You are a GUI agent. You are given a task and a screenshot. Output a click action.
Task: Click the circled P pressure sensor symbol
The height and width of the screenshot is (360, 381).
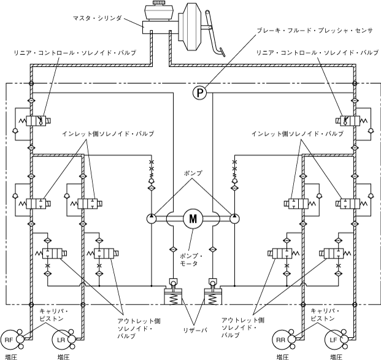coord(199,93)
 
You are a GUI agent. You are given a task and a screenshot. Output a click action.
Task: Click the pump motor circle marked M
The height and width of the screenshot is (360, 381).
coord(193,218)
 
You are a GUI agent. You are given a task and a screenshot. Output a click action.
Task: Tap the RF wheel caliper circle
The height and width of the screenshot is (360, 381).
coord(10,339)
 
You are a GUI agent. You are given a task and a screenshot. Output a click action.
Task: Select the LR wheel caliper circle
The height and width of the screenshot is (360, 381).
coord(61,339)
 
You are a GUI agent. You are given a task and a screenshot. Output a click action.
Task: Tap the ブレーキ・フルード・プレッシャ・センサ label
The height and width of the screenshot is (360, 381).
coord(310,30)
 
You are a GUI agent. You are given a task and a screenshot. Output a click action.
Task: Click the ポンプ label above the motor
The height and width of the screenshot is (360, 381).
coord(192,174)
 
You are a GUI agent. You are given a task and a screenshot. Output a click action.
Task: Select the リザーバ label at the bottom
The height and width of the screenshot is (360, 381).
coord(195,330)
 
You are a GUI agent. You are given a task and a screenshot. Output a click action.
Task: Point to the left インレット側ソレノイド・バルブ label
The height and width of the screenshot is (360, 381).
coord(107,133)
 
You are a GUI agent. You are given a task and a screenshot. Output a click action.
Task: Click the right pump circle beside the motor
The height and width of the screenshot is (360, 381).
coord(234,218)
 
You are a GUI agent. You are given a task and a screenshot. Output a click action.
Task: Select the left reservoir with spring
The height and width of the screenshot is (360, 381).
coord(174,299)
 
